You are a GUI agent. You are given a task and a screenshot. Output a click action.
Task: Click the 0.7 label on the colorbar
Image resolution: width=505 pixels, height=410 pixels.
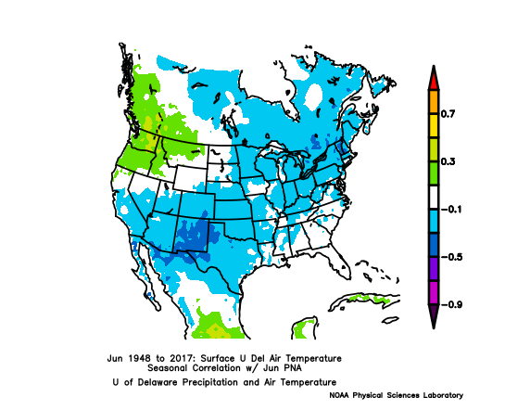448,114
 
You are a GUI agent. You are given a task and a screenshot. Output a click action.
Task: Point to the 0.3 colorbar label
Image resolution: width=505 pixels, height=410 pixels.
448,161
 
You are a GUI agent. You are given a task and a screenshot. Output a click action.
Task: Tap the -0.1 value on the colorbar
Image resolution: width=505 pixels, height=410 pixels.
451,210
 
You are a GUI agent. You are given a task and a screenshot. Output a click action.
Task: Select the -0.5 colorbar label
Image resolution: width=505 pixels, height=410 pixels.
451,257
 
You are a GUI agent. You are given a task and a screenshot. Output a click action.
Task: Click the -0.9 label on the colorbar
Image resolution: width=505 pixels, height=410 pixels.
451,304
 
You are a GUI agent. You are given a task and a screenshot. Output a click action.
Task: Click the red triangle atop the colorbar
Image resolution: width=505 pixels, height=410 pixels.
434,79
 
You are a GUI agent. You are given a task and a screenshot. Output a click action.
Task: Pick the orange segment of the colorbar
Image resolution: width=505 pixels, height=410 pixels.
434,102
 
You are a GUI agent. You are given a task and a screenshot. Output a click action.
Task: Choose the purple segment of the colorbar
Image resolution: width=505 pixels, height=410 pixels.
434,269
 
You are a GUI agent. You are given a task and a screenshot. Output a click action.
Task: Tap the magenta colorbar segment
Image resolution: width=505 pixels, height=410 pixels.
434,293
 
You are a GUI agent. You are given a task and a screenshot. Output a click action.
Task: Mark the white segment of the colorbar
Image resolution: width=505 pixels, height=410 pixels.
434,198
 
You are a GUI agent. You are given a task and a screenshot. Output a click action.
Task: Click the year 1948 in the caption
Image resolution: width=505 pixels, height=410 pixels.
139,358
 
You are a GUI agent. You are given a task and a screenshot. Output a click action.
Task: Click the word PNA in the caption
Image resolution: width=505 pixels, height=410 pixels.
293,368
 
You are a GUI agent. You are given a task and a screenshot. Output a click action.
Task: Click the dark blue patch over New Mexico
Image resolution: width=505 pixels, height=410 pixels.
194,237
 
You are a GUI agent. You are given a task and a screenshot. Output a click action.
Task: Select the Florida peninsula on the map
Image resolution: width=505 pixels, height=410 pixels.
340,265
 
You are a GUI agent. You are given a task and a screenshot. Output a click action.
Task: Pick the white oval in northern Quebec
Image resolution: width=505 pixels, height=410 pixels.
313,96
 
